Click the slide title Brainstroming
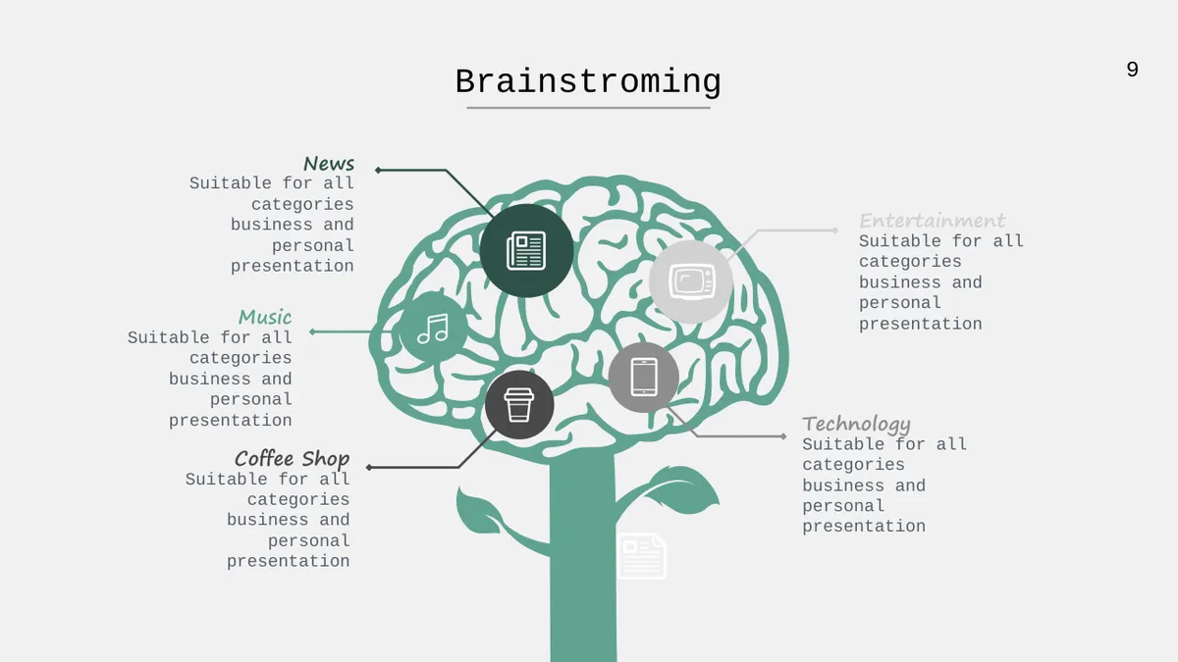(588, 82)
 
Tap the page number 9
(1132, 70)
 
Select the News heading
(329, 164)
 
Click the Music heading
(265, 317)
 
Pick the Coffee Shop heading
(292, 459)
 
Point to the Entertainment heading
(932, 221)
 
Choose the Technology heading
(856, 424)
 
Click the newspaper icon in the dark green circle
(526, 251)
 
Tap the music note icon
(433, 329)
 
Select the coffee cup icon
(519, 404)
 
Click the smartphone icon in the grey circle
(644, 377)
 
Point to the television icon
(691, 281)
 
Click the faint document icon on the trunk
(642, 556)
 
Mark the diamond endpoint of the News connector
(378, 170)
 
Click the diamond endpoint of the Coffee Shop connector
(369, 467)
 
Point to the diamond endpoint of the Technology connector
(783, 436)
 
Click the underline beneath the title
(588, 108)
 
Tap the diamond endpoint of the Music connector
(312, 331)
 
